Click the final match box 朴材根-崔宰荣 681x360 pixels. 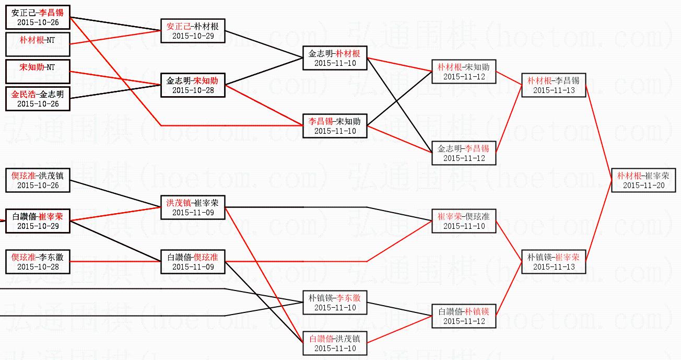[x=643, y=180]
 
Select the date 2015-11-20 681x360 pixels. [x=643, y=185]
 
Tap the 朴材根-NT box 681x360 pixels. [x=38, y=44]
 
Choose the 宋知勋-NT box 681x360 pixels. [x=38, y=72]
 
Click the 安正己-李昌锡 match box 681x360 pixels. [x=38, y=17]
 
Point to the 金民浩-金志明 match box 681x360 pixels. [x=38, y=99]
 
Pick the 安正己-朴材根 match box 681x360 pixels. [x=193, y=31]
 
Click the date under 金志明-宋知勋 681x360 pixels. [x=193, y=90]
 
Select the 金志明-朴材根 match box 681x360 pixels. [x=335, y=58]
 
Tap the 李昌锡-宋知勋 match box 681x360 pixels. [x=335, y=126]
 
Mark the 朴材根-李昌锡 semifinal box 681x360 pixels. [x=553, y=85]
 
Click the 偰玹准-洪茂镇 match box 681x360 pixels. [x=38, y=180]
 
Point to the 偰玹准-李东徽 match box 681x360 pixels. [x=38, y=262]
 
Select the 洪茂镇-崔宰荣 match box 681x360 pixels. [x=193, y=207]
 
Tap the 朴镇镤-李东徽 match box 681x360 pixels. [x=335, y=303]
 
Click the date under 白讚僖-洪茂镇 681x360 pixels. [x=335, y=348]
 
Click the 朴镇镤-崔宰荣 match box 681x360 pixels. [x=553, y=262]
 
